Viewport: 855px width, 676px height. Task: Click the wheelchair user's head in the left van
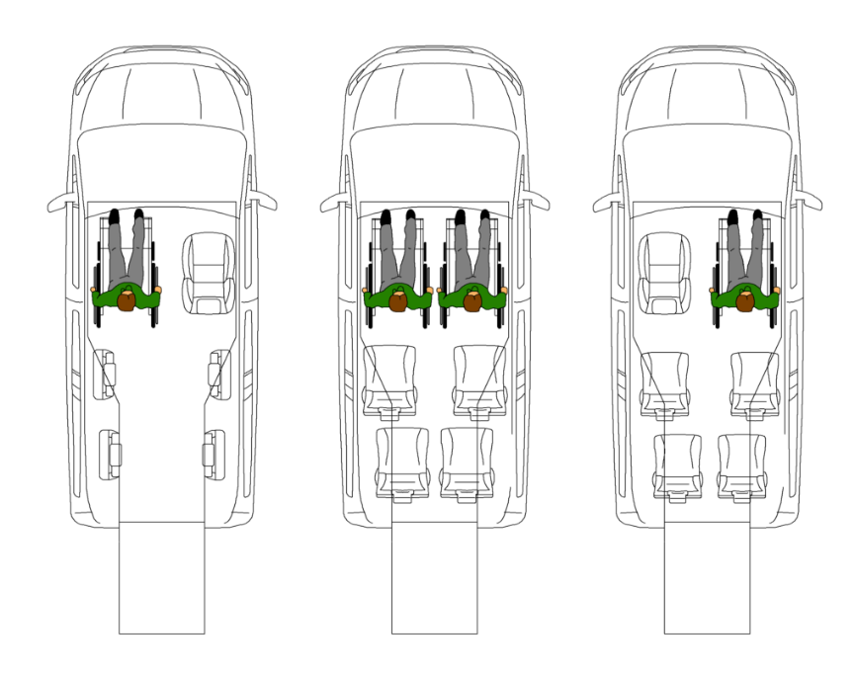(127, 300)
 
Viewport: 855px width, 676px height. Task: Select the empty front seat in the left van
(210, 273)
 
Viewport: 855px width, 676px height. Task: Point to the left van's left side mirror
(61, 204)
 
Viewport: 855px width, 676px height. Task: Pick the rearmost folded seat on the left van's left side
(114, 453)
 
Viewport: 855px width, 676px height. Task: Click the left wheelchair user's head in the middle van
(398, 300)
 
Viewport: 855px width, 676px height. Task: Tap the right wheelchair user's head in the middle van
(472, 300)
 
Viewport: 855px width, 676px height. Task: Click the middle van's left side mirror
(334, 204)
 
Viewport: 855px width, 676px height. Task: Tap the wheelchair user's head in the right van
(744, 300)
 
